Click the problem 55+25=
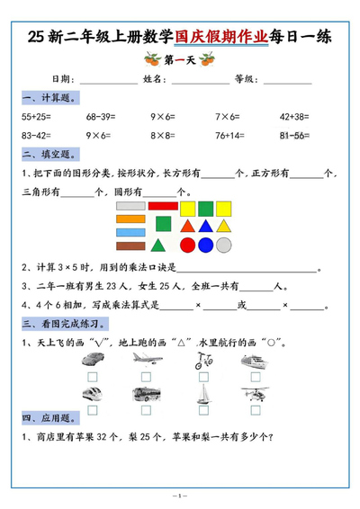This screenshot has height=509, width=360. point(35,117)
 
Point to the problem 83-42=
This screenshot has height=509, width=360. point(35,136)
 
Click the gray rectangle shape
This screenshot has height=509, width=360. point(130,206)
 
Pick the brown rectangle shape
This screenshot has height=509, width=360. point(130,246)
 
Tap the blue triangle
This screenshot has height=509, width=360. point(206,226)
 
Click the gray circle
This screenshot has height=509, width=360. point(224,245)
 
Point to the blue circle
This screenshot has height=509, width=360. point(206,245)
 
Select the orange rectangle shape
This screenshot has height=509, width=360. point(130,219)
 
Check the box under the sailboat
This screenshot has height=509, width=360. point(202,409)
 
